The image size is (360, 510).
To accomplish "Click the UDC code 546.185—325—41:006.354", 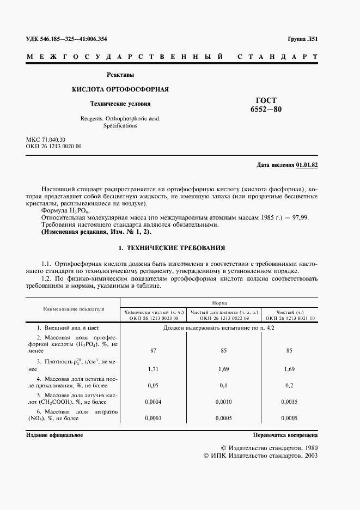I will coord(75,39).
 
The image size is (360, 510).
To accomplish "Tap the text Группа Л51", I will coord(302,39).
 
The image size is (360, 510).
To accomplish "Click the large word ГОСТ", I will coord(266,100).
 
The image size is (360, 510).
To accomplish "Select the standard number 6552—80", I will coord(266,110).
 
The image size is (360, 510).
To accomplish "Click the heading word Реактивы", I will coord(120,75).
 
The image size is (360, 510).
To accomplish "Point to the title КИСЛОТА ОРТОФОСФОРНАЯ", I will coord(120,89).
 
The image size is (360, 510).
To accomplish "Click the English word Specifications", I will coord(120,125).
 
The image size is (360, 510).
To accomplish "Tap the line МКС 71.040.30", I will coord(45,140).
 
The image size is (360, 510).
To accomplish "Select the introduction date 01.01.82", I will coord(307,165).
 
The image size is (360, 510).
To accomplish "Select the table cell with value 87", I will coord(153,351).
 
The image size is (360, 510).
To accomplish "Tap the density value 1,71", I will coord(153,369).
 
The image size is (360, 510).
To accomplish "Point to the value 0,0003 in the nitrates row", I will coord(153,418).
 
